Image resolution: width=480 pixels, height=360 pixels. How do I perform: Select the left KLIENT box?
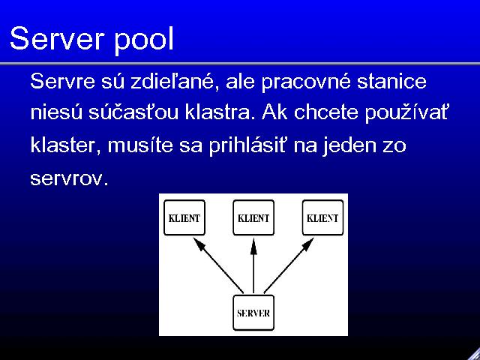coord(184,217)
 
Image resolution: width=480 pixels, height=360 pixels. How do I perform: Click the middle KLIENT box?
coord(253,217)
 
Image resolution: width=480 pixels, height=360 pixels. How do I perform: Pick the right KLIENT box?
coord(322,217)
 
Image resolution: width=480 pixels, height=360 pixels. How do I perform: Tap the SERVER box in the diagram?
coord(253,313)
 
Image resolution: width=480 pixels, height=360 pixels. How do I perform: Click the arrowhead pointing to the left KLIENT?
coord(199,244)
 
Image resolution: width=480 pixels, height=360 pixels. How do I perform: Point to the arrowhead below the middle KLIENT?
coord(253,247)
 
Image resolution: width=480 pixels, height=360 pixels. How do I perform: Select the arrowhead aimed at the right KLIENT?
coord(307,244)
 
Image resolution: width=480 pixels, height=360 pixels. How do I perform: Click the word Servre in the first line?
coord(62,82)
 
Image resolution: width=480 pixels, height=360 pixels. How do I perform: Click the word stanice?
coord(391,82)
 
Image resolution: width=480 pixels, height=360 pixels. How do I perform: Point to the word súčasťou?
coord(133,112)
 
